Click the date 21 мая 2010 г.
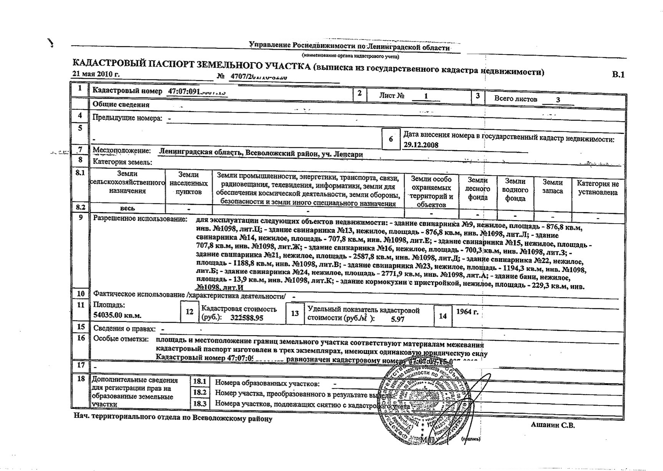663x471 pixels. tap(96, 74)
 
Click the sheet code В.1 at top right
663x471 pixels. tap(618, 75)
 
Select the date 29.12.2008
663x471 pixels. tap(421, 145)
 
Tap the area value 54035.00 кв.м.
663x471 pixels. tap(117, 315)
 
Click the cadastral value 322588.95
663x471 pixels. tap(247, 318)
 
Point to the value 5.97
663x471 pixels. tap(397, 319)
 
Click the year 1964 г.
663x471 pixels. tap(467, 312)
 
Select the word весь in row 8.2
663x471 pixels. tap(127, 208)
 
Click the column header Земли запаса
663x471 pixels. tap(552, 187)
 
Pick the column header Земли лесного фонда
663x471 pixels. tap(478, 189)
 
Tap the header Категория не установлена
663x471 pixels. tap(598, 188)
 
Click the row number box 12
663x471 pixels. tap(190, 312)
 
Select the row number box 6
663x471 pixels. tap(391, 139)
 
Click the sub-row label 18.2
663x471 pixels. tap(200, 392)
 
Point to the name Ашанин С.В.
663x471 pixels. tap(553, 425)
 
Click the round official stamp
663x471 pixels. tap(422, 407)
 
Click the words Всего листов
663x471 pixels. tap(516, 99)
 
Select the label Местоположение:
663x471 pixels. tap(122, 151)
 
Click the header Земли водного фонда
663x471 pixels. tap(515, 189)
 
